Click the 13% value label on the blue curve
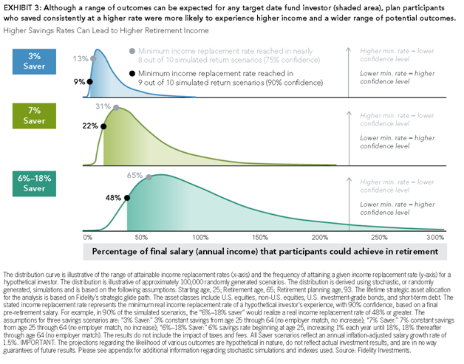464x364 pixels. coord(79,58)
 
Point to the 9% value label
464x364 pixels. coord(78,83)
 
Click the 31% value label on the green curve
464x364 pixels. coord(103,106)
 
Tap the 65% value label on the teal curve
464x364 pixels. coord(134,176)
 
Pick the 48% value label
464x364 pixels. coord(114,198)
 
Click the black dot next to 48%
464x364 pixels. coord(128,198)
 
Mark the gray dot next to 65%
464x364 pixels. coord(149,176)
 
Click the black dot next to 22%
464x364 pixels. coord(103,126)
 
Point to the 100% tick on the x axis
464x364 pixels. coord(199,237)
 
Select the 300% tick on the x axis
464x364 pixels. coord(437,237)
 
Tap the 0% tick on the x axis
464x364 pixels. coord(88,237)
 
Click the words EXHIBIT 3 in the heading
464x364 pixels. coord(22,6)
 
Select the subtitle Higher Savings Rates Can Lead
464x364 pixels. coord(106,30)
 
